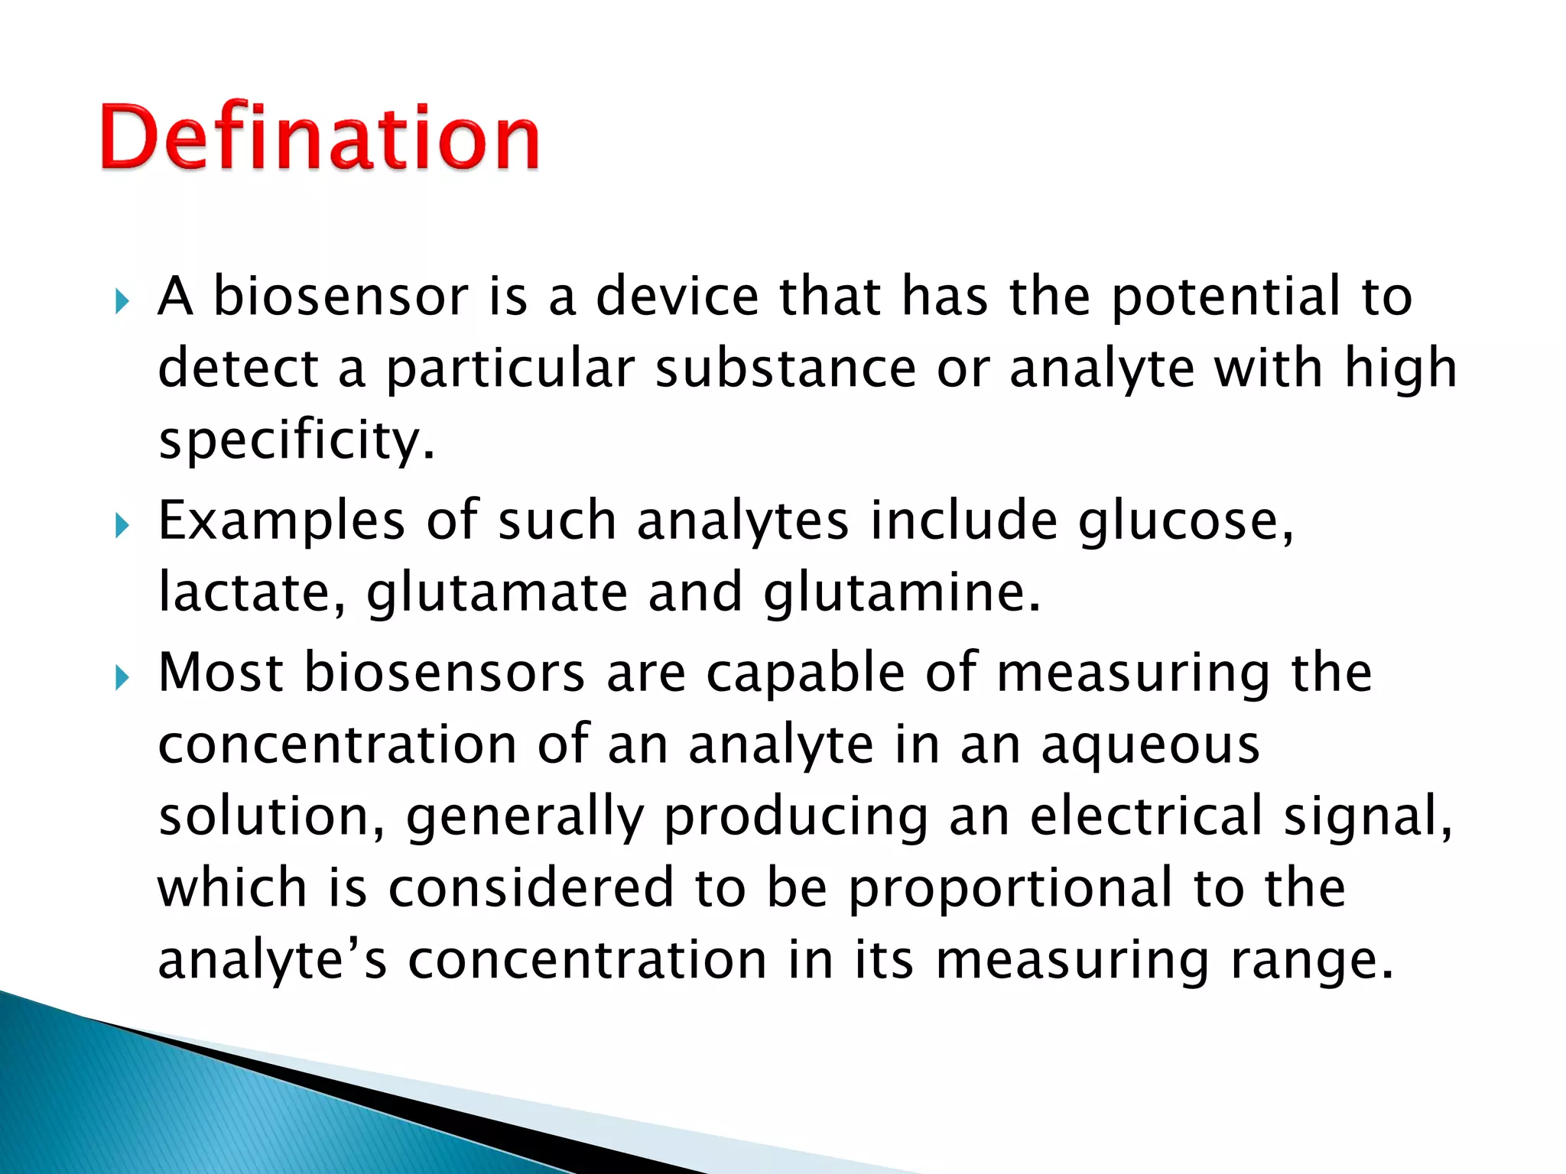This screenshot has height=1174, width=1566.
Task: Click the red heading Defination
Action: tap(320, 138)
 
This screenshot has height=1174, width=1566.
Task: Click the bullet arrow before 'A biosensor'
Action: tap(122, 301)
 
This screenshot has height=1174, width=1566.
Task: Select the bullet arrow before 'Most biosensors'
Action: tap(122, 677)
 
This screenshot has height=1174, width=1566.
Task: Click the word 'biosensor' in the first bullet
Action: tap(340, 296)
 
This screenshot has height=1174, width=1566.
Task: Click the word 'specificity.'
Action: tap(297, 442)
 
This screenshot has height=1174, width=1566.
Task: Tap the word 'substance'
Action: tap(785, 368)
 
